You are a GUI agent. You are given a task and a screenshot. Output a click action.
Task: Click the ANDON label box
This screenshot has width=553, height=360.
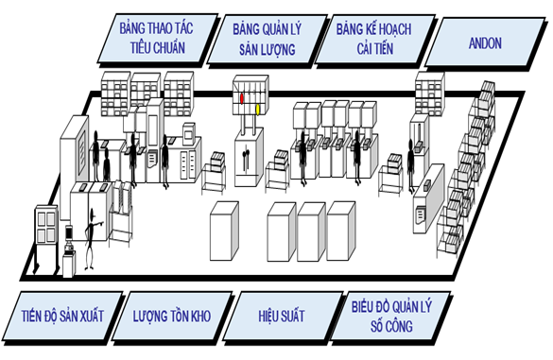coord(485,43)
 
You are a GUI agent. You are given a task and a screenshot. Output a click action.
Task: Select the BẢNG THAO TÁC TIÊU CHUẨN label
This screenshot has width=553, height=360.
coord(157,39)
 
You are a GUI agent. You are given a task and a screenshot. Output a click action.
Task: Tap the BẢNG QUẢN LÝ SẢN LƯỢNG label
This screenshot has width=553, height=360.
coord(268,40)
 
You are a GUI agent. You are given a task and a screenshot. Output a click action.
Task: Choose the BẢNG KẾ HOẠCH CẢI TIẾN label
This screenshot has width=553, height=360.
coord(374,40)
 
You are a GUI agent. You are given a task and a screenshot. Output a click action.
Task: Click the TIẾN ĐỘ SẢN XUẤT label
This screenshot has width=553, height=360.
coord(62,316)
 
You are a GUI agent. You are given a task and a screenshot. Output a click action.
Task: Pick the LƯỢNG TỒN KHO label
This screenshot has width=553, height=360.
coord(172,316)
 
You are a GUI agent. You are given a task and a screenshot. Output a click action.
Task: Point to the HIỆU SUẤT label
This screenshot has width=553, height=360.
coord(282,316)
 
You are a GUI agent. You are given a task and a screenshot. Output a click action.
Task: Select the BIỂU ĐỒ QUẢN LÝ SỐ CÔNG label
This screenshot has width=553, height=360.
coord(391,317)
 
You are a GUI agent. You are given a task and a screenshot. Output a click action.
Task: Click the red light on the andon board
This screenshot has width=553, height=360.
coord(242,98)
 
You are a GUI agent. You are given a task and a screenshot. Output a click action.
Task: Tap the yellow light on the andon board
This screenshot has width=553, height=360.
coord(258,110)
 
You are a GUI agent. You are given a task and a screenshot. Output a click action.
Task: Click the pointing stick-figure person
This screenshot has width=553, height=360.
coord(92,239)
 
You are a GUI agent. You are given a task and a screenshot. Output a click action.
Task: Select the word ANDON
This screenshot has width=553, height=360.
coord(485,43)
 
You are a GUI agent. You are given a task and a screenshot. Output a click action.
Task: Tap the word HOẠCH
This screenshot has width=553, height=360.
coord(393,29)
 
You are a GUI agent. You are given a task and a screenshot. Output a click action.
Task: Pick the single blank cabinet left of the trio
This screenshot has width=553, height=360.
coord(224,231)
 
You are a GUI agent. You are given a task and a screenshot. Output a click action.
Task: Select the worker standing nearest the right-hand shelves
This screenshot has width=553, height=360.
coord(410,165)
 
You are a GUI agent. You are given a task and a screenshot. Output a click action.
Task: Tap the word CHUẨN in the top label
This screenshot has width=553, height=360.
coord(169,47)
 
